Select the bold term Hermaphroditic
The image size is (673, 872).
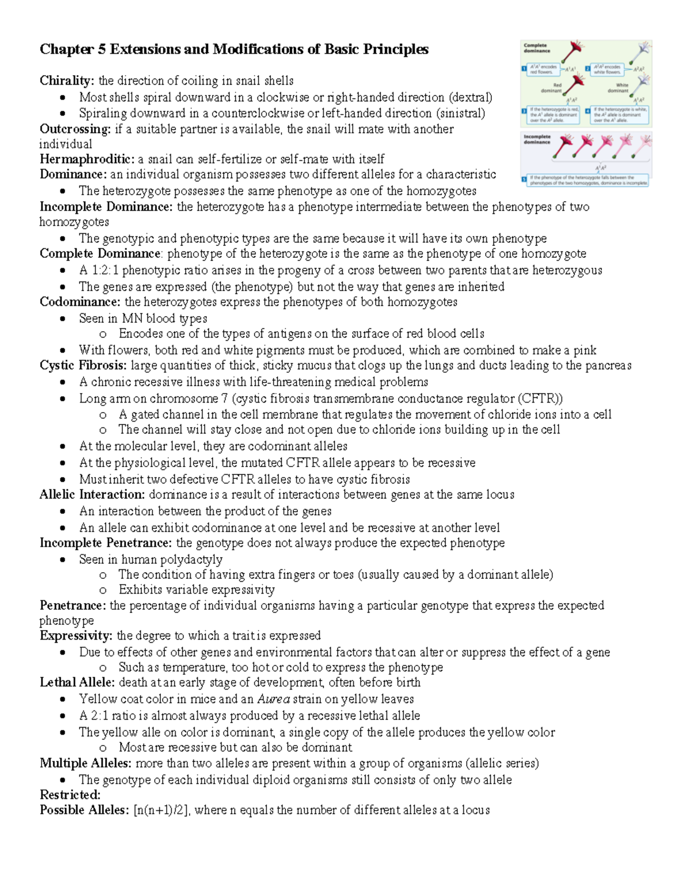pos(87,159)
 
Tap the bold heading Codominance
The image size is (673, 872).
pos(80,302)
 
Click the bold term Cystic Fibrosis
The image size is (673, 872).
pos(83,366)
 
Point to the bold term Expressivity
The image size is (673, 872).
pos(76,636)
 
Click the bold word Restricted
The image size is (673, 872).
pos(70,795)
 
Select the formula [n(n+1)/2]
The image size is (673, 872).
pos(162,810)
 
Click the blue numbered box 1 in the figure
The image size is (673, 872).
pos(524,69)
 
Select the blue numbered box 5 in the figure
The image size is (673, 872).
pos(524,180)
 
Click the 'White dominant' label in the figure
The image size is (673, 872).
pos(618,88)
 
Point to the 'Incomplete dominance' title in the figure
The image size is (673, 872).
pos(537,139)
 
